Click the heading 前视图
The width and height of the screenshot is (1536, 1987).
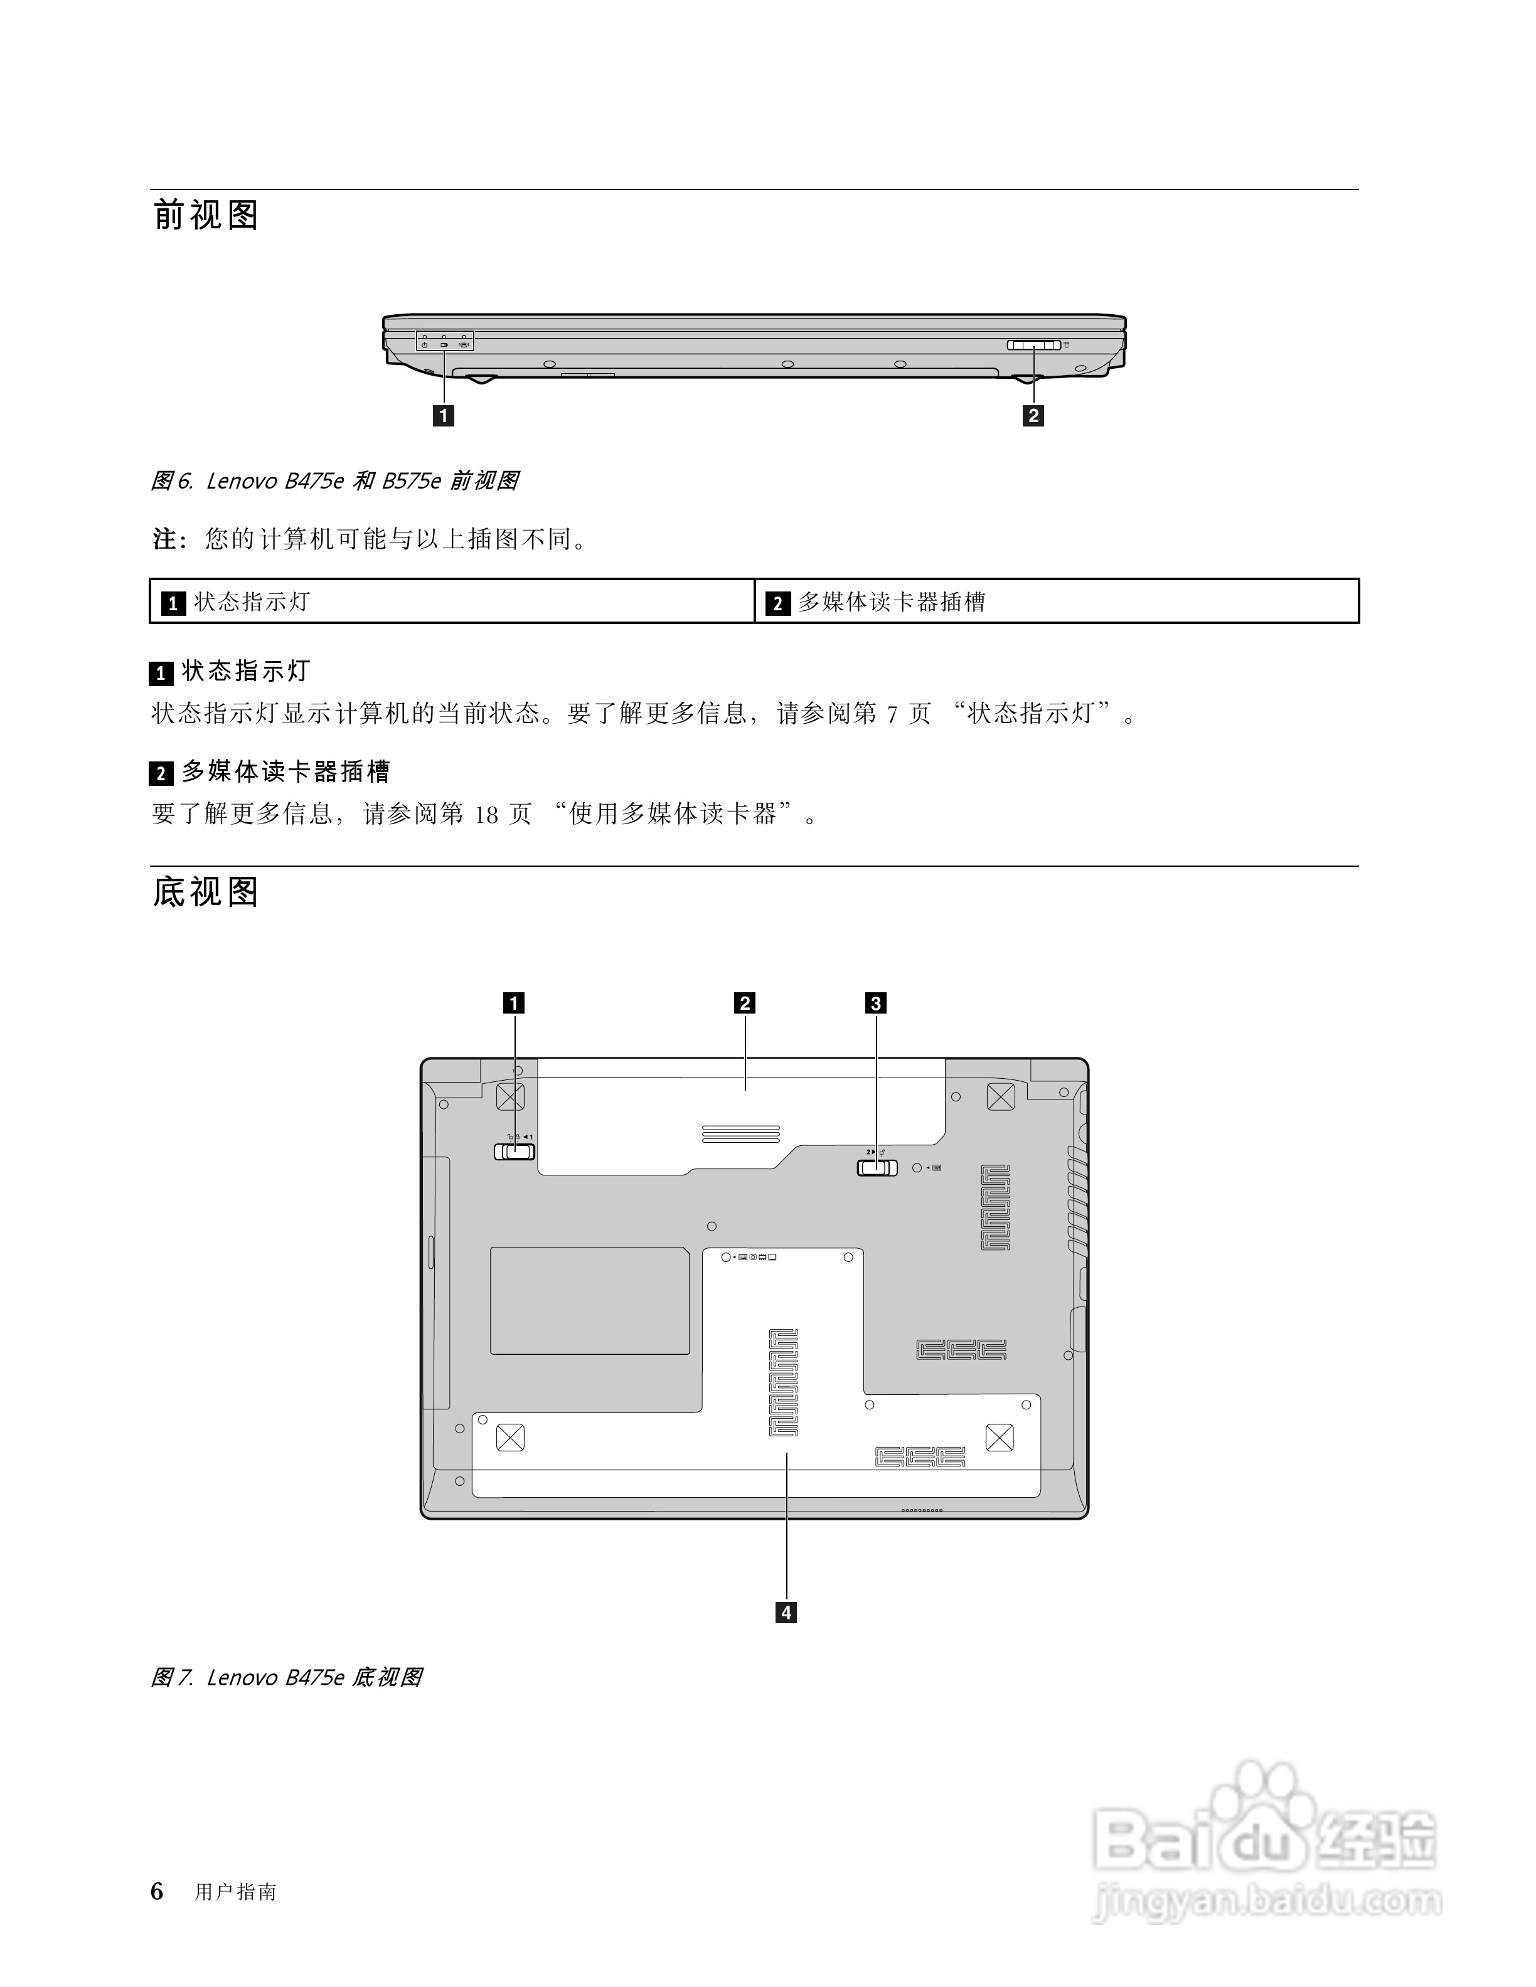tap(206, 216)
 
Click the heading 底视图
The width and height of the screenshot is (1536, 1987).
tap(206, 892)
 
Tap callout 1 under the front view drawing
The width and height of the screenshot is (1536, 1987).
tap(443, 416)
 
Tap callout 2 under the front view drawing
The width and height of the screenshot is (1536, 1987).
tap(1033, 416)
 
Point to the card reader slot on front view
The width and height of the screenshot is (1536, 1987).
tap(1033, 346)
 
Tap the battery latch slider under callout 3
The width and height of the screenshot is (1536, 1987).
tap(877, 1167)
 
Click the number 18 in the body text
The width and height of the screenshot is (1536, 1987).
tap(487, 814)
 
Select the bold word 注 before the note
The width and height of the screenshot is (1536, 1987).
tap(164, 539)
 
